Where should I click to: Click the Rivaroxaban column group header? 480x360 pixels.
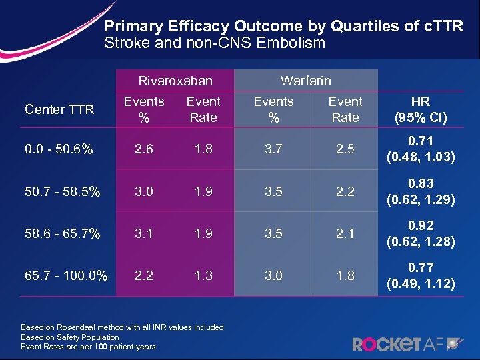coord(175,81)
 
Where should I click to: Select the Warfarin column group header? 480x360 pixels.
coord(305,81)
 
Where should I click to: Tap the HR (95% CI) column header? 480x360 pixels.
coord(421,110)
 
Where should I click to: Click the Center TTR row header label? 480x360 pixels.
coord(59,110)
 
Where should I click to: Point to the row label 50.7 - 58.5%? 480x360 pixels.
coord(63,193)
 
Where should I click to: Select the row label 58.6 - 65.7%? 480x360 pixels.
coord(63,234)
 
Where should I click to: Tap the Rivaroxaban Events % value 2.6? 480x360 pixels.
coord(144,150)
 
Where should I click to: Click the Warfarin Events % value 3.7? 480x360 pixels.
coord(273,150)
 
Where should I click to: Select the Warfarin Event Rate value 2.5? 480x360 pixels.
coord(345,150)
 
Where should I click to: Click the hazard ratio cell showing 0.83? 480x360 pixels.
coord(421,192)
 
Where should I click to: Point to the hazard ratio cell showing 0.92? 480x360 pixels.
coord(421,234)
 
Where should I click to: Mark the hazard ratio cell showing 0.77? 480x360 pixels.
coord(421,275)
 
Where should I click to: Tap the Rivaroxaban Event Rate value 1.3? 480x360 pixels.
coord(203,275)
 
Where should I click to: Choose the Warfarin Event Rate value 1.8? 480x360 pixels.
coord(345,275)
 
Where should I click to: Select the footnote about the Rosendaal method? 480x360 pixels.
coord(122,327)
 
